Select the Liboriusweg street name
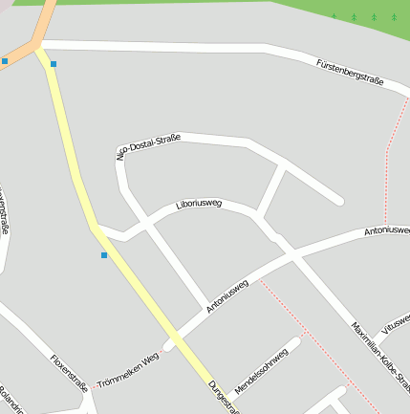(200, 205)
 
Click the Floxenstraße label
(70, 372)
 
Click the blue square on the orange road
(5, 61)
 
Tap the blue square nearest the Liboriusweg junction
(104, 255)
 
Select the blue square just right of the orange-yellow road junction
(54, 64)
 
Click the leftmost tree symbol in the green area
(334, 16)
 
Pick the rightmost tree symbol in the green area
(394, 16)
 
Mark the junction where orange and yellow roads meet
(38, 45)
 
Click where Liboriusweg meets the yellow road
(95, 228)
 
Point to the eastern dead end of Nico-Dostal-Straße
(338, 201)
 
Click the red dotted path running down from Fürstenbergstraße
(386, 163)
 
